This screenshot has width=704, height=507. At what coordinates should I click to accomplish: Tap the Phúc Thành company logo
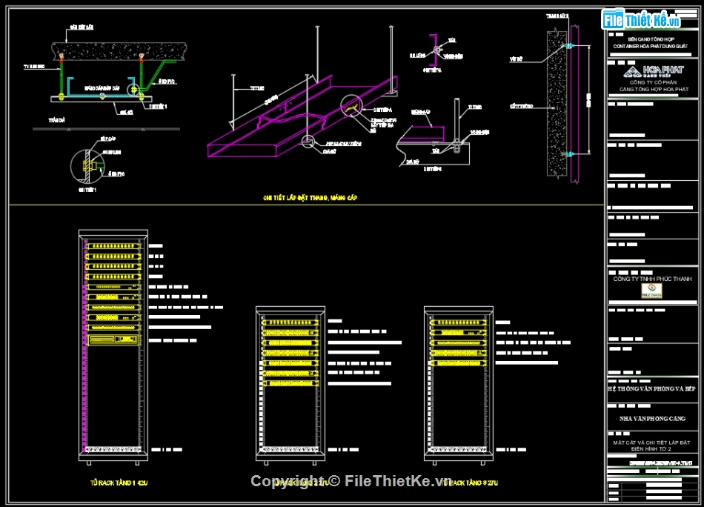click(652, 291)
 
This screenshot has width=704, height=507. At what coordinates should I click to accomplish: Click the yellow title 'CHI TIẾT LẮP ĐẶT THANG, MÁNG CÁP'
click(311, 198)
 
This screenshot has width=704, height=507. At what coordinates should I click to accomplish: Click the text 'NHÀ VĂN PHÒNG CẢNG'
click(652, 419)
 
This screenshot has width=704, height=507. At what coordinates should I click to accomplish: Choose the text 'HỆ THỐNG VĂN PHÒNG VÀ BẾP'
click(652, 388)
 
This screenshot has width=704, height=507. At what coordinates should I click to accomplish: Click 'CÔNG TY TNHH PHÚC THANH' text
click(652, 279)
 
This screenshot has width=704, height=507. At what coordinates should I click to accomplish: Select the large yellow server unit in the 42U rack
click(113, 340)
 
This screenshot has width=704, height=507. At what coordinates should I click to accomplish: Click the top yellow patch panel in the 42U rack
click(113, 244)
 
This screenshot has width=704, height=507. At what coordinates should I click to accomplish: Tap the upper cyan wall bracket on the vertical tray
click(569, 47)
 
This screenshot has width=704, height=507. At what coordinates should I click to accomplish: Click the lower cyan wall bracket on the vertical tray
click(569, 156)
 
